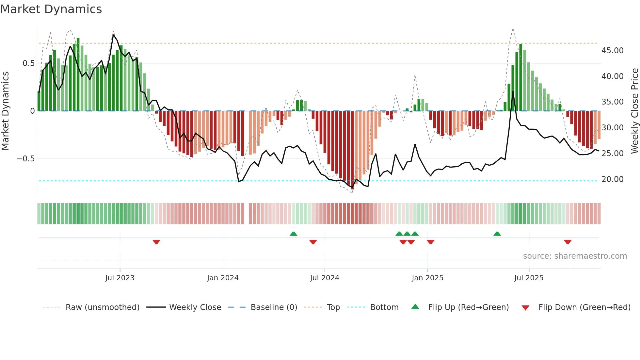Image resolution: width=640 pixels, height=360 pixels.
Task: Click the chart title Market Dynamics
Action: coord(51,9)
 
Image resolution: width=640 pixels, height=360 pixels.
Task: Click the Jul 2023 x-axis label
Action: coord(120,278)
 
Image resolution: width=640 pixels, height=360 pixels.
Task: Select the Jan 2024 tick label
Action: coord(223,278)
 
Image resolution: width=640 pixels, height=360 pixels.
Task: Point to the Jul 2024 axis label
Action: coord(325,278)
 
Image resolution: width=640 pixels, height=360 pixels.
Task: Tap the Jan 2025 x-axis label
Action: coord(427,278)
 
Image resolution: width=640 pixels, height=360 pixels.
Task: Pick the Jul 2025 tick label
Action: coord(529,278)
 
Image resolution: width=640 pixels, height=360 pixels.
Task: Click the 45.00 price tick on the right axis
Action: coord(612,51)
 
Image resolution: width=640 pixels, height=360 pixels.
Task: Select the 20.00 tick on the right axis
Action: coord(612,179)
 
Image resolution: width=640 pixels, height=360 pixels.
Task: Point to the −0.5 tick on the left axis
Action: coord(25,159)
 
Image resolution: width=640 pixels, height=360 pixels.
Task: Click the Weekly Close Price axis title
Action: coord(634,111)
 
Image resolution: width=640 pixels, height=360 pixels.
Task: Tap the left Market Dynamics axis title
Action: coord(5,111)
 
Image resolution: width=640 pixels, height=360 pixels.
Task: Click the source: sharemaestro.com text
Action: coord(575,256)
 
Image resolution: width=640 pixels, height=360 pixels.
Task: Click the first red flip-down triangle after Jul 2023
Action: coord(156,242)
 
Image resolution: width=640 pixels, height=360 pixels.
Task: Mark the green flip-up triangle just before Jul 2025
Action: coord(497,234)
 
